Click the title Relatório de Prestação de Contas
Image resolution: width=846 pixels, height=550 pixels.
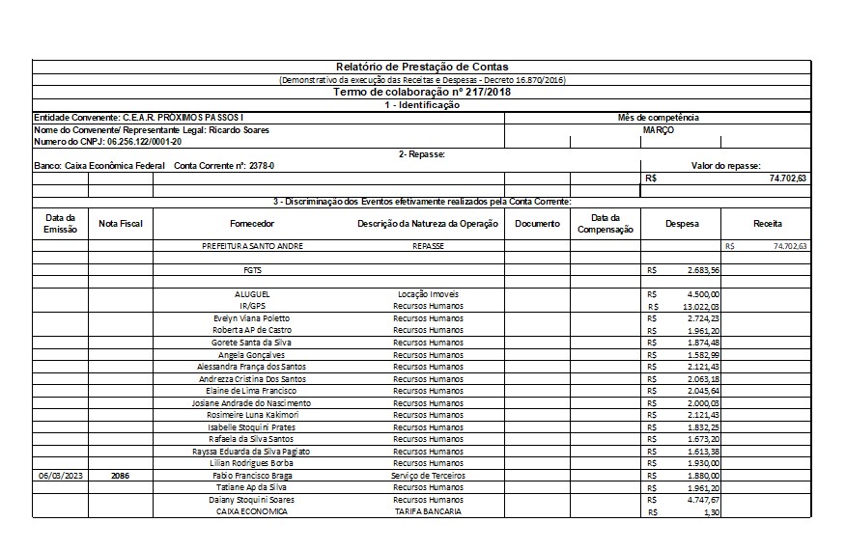[422, 66]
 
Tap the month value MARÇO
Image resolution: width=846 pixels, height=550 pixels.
[658, 129]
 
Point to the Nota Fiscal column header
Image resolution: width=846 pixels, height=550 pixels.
[121, 224]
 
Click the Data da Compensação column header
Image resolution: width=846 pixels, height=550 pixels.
[606, 224]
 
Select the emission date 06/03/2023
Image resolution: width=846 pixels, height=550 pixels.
[60, 476]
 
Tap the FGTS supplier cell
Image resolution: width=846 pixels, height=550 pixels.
[252, 270]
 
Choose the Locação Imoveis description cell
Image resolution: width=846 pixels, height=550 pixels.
[427, 293]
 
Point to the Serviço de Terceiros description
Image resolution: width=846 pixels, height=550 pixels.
[427, 476]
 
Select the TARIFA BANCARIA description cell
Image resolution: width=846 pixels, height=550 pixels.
[427, 511]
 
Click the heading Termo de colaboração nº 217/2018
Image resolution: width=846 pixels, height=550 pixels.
[422, 93]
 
